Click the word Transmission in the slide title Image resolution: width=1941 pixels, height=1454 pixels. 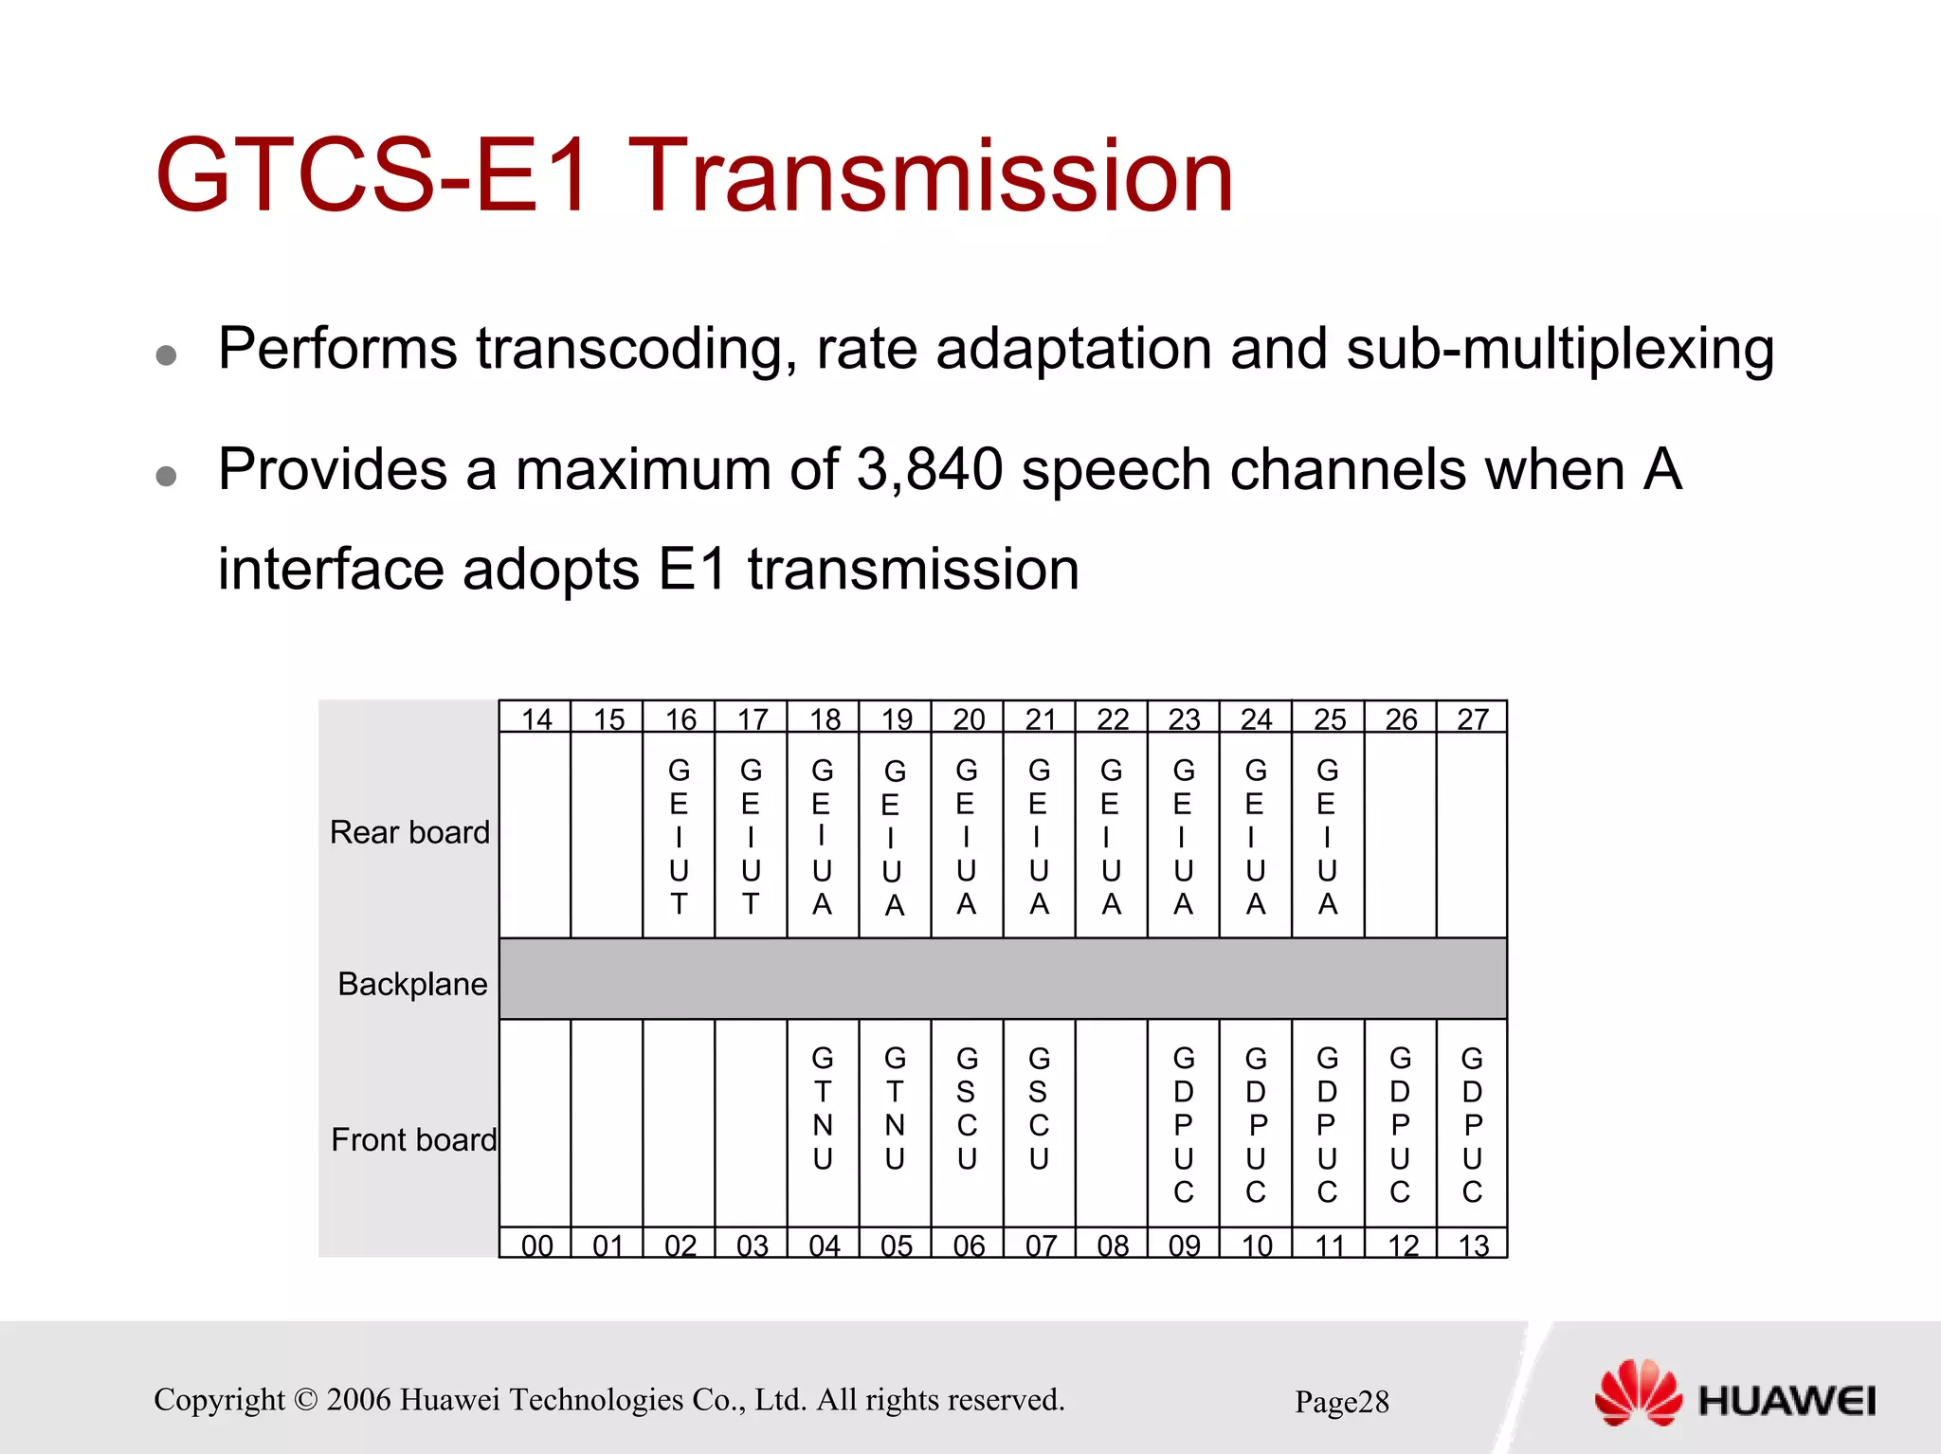pos(931,176)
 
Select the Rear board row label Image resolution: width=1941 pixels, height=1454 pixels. pos(409,832)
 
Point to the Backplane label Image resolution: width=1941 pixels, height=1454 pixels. pos(412,984)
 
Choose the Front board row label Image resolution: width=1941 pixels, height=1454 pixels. pos(413,1139)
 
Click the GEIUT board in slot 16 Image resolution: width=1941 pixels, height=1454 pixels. pos(679,836)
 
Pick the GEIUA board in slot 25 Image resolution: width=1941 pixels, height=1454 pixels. pos(1328,836)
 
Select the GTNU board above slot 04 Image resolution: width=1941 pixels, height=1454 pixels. pos(823,1109)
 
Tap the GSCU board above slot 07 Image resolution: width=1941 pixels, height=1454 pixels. pos(1039,1109)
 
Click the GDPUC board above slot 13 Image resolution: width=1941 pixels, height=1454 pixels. pos(1472,1124)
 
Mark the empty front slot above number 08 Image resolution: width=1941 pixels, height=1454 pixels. pos(1112,1124)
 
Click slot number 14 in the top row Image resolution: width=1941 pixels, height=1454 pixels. pos(536,719)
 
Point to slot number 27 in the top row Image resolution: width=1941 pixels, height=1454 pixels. pos(1473,719)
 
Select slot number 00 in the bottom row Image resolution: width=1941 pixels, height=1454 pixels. pos(536,1245)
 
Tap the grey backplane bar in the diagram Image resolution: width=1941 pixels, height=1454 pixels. pos(1003,979)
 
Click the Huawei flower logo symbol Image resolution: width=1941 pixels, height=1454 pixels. pos(1638,1392)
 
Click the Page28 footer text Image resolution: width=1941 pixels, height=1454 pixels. pos(1341,1402)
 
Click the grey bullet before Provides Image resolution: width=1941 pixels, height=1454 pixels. pos(167,475)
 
